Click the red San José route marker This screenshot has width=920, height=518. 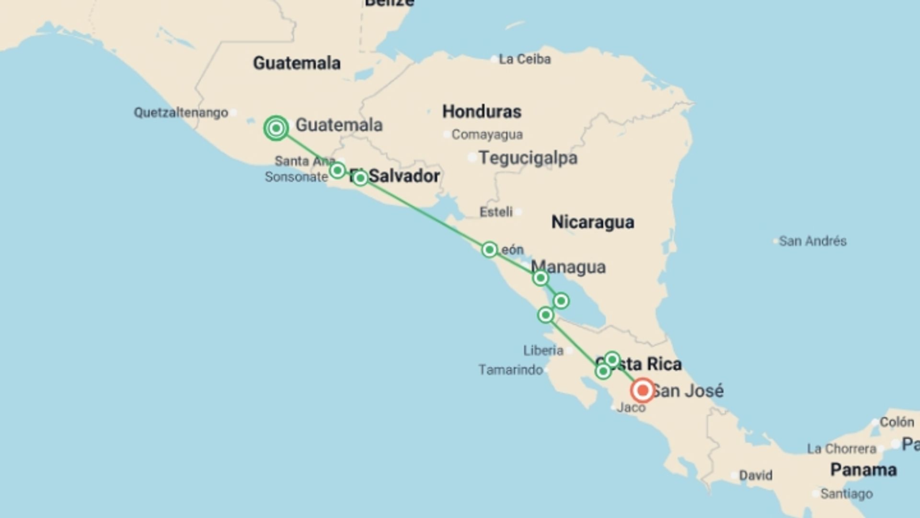coord(643,390)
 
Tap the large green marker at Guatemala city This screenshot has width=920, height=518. coord(276,128)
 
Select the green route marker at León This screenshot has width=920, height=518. coord(489,249)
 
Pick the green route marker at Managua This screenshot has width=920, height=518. coord(540,278)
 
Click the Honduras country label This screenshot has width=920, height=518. coord(482,112)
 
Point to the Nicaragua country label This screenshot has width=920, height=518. coord(593,222)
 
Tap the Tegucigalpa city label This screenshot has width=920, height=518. coord(528,158)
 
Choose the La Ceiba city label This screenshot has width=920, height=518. coord(525,59)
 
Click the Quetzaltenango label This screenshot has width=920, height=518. coord(181,113)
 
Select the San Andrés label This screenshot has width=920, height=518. coord(813,241)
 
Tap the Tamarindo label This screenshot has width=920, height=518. coord(510,370)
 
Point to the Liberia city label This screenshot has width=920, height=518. coord(543,351)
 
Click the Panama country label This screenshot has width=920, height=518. coord(863,470)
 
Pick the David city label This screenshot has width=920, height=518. coord(756,475)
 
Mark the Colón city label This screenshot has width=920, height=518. coord(897,422)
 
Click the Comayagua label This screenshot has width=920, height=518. coord(487,135)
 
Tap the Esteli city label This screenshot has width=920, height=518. coord(496,212)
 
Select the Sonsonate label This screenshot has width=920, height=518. coord(296,177)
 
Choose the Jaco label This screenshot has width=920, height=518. coord(631,408)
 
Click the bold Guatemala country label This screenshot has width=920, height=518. coord(297,63)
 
